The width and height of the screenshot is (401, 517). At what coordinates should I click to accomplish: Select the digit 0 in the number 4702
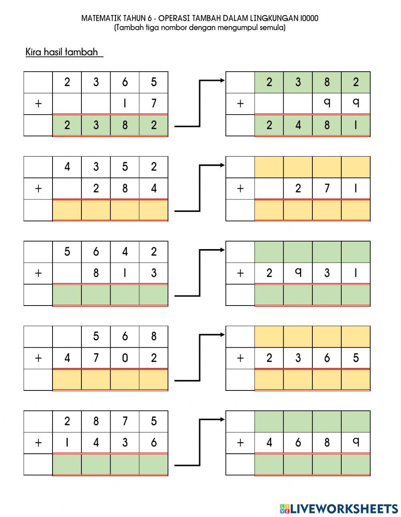125,358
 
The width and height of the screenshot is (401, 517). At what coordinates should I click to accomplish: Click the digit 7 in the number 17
154,103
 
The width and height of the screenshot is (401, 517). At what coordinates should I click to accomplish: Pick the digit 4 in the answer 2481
298,125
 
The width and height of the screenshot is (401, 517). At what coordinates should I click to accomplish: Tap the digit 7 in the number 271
327,188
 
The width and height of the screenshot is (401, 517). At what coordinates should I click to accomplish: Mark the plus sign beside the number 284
38,189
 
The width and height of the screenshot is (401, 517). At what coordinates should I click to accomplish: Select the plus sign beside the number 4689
240,443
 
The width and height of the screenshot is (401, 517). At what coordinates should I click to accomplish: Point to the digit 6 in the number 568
125,336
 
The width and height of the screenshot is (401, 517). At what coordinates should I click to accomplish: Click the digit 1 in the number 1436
67,442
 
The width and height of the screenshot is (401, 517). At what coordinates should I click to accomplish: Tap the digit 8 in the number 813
96,273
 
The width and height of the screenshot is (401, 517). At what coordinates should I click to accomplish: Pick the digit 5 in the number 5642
67,251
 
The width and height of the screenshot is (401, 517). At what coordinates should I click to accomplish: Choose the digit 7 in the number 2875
125,421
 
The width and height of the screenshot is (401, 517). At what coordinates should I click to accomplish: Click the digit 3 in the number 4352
96,167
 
